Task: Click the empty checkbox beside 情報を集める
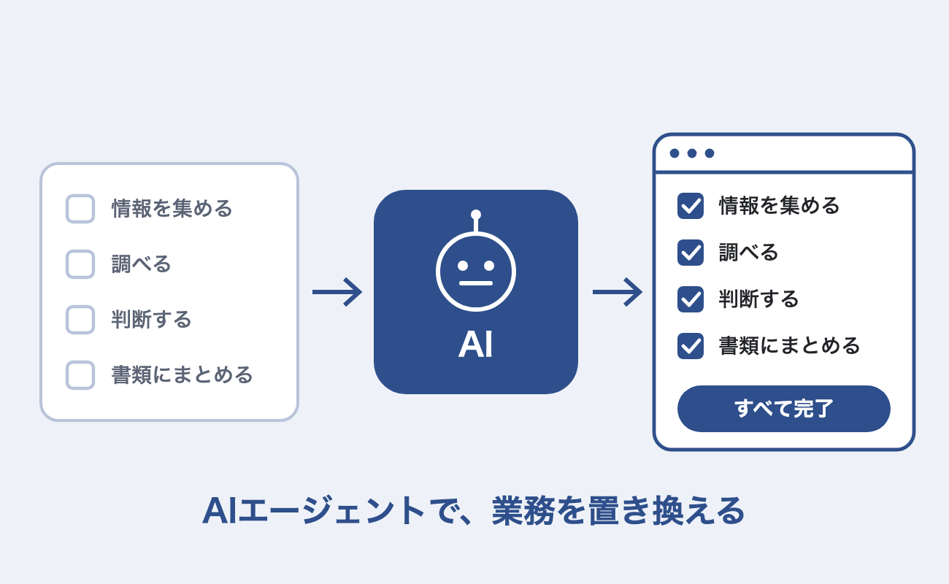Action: click(x=80, y=209)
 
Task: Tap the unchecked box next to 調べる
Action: click(x=80, y=264)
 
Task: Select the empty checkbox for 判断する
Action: click(x=80, y=320)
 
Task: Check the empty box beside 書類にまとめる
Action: click(x=80, y=375)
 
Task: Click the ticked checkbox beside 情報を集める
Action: click(x=691, y=206)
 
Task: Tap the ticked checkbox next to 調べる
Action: click(x=691, y=253)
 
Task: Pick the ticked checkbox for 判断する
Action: click(x=691, y=299)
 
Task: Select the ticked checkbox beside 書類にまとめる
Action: click(x=691, y=346)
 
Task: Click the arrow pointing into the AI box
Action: click(x=337, y=292)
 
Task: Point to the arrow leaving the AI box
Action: click(x=618, y=292)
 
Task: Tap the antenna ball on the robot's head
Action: click(x=476, y=215)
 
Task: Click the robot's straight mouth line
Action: click(x=476, y=283)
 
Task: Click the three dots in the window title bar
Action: click(x=692, y=153)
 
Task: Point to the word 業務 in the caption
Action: click(x=523, y=511)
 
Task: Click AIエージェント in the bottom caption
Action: click(x=313, y=511)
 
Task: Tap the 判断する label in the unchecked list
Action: click(x=151, y=320)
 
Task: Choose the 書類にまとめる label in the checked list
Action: click(x=790, y=346)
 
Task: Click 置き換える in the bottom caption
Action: click(x=666, y=511)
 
